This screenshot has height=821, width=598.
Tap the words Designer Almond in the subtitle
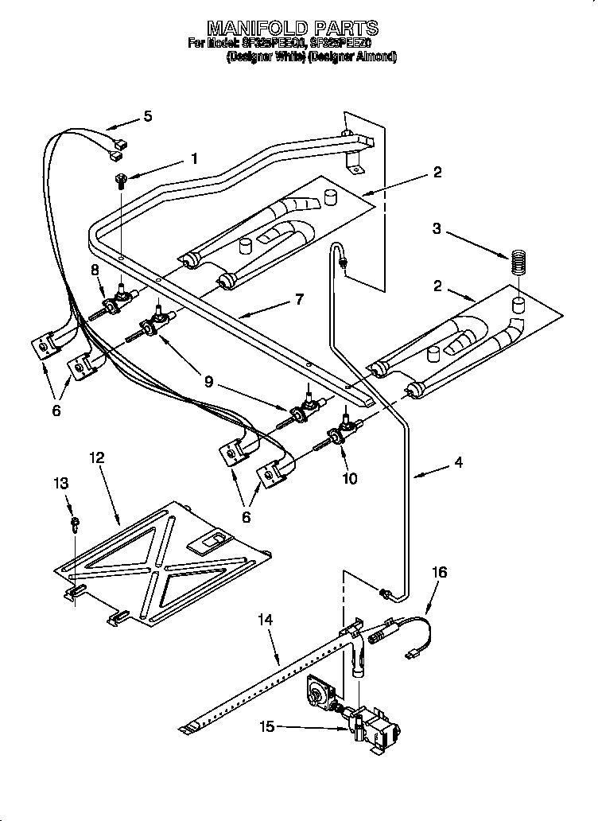coord(352,57)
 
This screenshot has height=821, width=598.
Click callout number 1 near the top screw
coord(193,158)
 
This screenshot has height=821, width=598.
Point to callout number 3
coord(436,230)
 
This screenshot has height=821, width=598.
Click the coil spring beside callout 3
coord(518,263)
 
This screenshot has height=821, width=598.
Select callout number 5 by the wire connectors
coord(148,117)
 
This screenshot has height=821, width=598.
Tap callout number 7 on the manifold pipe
coord(299,300)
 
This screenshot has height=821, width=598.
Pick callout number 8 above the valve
coord(95,270)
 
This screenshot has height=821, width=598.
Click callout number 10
coord(349,478)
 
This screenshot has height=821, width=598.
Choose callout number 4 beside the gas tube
coord(459,462)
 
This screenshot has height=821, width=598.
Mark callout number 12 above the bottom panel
coord(97,457)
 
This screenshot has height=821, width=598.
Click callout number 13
coord(62,483)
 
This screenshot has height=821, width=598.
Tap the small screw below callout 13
coord(75,523)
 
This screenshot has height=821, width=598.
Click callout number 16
coord(439,572)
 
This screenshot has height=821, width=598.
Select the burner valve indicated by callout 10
coord(344,431)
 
